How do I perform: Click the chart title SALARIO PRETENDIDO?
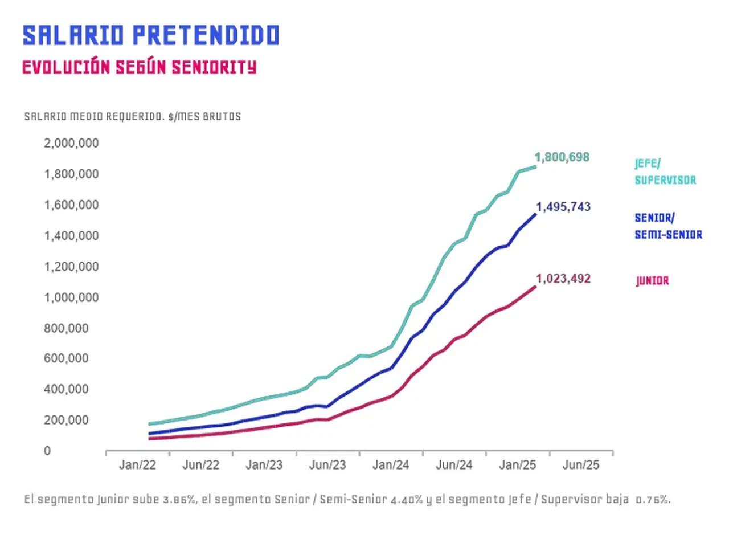(x=151, y=35)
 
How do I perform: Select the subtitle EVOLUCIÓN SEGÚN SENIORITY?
(x=140, y=67)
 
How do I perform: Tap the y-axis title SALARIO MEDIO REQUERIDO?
(x=95, y=117)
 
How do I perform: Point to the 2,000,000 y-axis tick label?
(x=71, y=143)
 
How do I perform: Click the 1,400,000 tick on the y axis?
(x=71, y=236)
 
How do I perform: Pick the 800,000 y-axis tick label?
(x=66, y=328)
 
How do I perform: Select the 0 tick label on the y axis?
(x=47, y=451)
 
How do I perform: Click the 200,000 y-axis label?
(x=66, y=420)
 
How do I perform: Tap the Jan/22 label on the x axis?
(x=137, y=465)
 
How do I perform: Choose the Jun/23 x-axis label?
(x=327, y=465)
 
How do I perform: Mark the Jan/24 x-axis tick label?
(x=391, y=465)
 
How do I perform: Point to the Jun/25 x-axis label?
(x=581, y=465)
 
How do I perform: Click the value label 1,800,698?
(x=562, y=157)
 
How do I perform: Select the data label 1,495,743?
(x=563, y=207)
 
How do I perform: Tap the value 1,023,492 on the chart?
(x=563, y=279)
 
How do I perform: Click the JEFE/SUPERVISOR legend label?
(x=665, y=172)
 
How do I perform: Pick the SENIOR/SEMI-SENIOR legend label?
(x=668, y=226)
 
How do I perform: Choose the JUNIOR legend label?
(x=652, y=281)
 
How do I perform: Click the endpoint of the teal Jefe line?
(x=535, y=167)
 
